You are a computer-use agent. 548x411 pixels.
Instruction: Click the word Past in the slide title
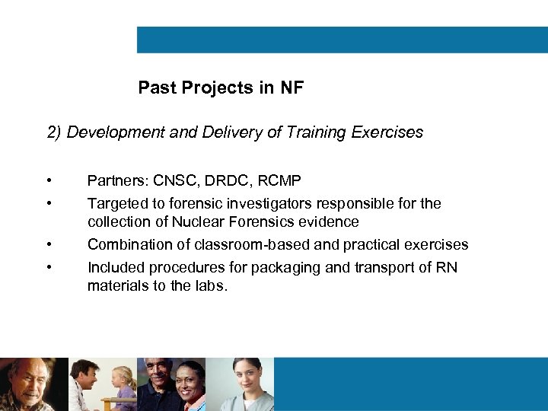click(x=156, y=88)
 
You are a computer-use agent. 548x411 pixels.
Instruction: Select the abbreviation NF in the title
click(x=292, y=88)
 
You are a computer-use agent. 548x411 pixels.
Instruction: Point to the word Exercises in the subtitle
click(x=388, y=132)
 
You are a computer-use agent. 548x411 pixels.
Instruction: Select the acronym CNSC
click(x=175, y=181)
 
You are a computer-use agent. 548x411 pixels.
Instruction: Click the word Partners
click(x=116, y=181)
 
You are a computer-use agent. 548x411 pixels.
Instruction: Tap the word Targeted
click(x=116, y=204)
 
